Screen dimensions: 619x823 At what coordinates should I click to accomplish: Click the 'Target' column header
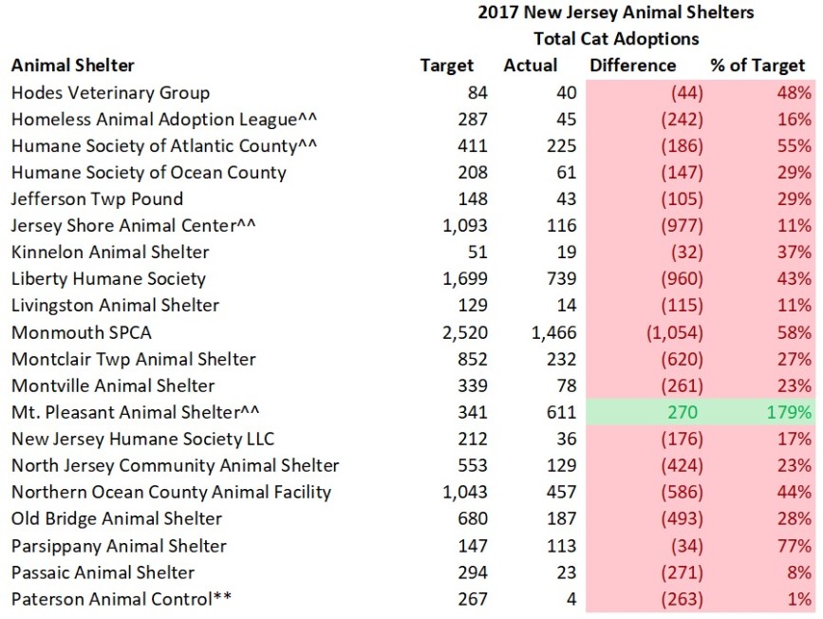(x=446, y=66)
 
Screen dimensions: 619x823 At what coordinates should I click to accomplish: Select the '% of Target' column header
(x=757, y=66)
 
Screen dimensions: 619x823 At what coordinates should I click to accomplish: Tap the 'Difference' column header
(x=632, y=66)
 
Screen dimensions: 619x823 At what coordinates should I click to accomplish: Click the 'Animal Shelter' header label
(x=73, y=66)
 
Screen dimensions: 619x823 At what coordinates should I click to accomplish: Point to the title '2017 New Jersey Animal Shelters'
(x=615, y=12)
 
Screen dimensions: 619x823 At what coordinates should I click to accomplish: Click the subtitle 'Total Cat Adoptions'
(x=615, y=39)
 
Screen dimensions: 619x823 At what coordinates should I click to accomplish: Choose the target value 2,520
(x=464, y=333)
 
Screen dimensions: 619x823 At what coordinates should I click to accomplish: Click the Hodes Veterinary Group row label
(x=110, y=93)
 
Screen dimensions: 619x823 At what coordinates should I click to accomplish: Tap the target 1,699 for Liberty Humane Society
(x=464, y=279)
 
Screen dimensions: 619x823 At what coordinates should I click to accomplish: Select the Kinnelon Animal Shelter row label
(x=110, y=253)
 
